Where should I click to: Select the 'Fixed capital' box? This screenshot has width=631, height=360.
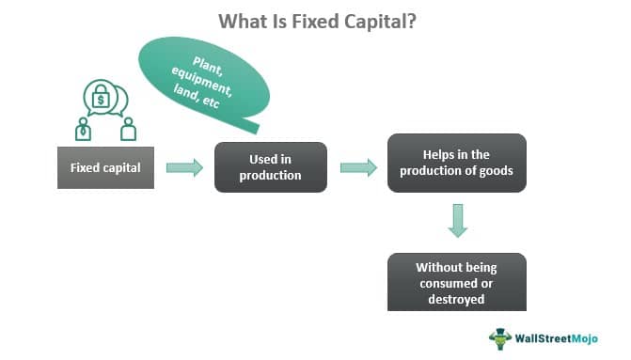[105, 168]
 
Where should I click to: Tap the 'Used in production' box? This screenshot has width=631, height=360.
[270, 167]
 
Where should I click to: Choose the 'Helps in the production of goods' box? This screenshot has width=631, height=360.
[457, 163]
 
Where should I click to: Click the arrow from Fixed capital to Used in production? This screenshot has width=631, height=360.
[184, 167]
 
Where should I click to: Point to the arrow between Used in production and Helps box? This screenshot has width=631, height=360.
[358, 167]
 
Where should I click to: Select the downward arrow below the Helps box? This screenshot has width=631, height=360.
[458, 222]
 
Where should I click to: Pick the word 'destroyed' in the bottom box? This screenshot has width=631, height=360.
[457, 299]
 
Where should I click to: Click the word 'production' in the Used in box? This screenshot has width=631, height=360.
[270, 176]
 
